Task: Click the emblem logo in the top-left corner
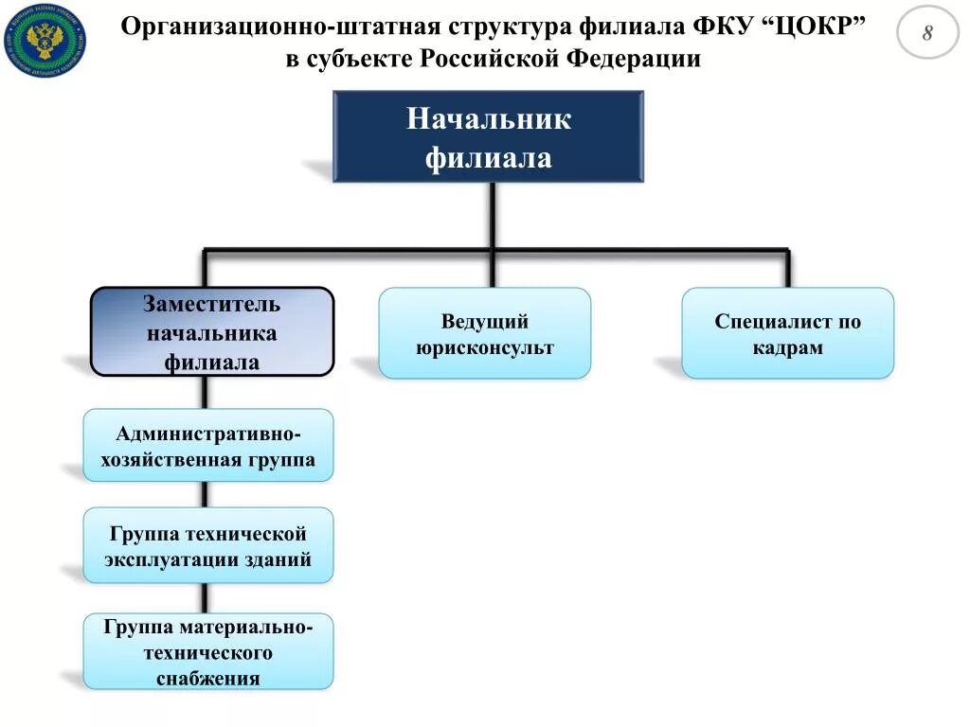pos(44,40)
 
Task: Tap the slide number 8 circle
pos(927,33)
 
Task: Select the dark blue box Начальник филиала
pos(488,136)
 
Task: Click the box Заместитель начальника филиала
pos(212,332)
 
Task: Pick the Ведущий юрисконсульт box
pos(484,333)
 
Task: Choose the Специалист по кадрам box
pos(787,333)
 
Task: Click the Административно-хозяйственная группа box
pos(208,446)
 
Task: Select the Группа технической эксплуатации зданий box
pos(208,545)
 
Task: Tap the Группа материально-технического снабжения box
pos(208,651)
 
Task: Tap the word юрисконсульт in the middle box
pos(484,347)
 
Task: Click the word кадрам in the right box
pos(787,347)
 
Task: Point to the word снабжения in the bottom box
pos(208,678)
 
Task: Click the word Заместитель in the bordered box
pos(212,305)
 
